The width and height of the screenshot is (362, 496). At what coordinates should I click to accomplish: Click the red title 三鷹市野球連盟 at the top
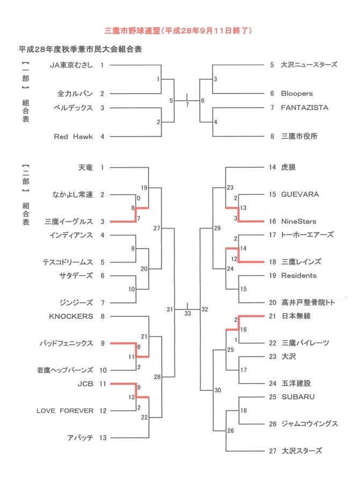coord(133,31)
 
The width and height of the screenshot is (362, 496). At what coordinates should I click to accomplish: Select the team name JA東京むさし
coord(71,65)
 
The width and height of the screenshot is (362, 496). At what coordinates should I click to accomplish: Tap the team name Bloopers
coord(297,93)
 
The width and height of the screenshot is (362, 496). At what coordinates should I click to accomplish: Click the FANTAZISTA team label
coord(305,108)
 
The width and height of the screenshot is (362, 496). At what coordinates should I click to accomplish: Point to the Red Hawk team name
coord(74,137)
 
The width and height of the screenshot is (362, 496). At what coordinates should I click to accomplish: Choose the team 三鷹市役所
coord(299,136)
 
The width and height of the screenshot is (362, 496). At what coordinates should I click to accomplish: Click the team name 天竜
coord(85,167)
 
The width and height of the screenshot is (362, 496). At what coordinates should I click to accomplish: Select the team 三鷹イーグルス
coord(69,221)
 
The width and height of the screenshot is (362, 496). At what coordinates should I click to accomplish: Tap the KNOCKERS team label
coord(71,316)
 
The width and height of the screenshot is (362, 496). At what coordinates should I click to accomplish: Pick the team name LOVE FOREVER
coord(65,411)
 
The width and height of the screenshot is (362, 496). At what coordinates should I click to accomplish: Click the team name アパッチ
coord(80,438)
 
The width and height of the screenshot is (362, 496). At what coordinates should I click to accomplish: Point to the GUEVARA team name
coord(300,194)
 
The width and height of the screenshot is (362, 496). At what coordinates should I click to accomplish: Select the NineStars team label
coord(299,221)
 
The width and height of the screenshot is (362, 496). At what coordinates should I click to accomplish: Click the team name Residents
coord(299,275)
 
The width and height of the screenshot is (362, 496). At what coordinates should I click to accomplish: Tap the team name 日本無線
coord(296,316)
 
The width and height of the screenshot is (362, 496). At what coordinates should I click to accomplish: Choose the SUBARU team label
coord(298,397)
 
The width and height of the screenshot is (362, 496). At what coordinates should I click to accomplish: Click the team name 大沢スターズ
coord(302,451)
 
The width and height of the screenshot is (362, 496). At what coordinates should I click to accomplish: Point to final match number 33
coord(187,313)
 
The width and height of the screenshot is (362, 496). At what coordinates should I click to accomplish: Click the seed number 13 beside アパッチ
coord(103,438)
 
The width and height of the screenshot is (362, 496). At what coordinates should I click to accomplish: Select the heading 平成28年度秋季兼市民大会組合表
coord(81,49)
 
